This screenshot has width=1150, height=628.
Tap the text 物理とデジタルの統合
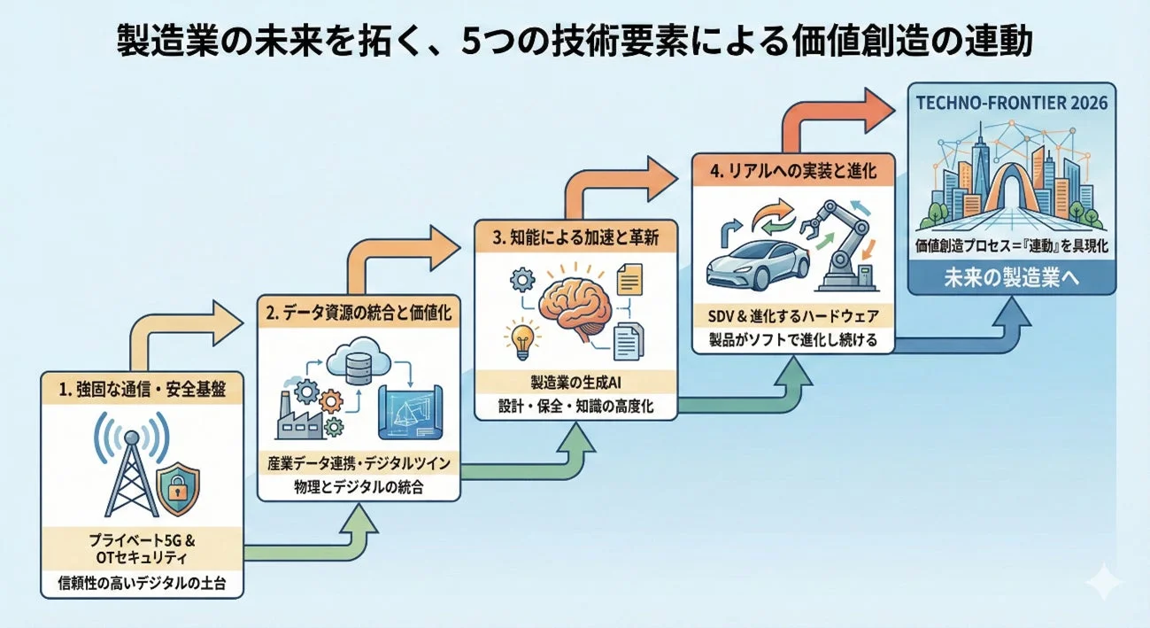tap(359, 486)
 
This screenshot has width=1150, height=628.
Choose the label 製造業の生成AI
tap(576, 383)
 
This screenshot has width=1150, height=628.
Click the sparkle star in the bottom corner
tap(1104, 584)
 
